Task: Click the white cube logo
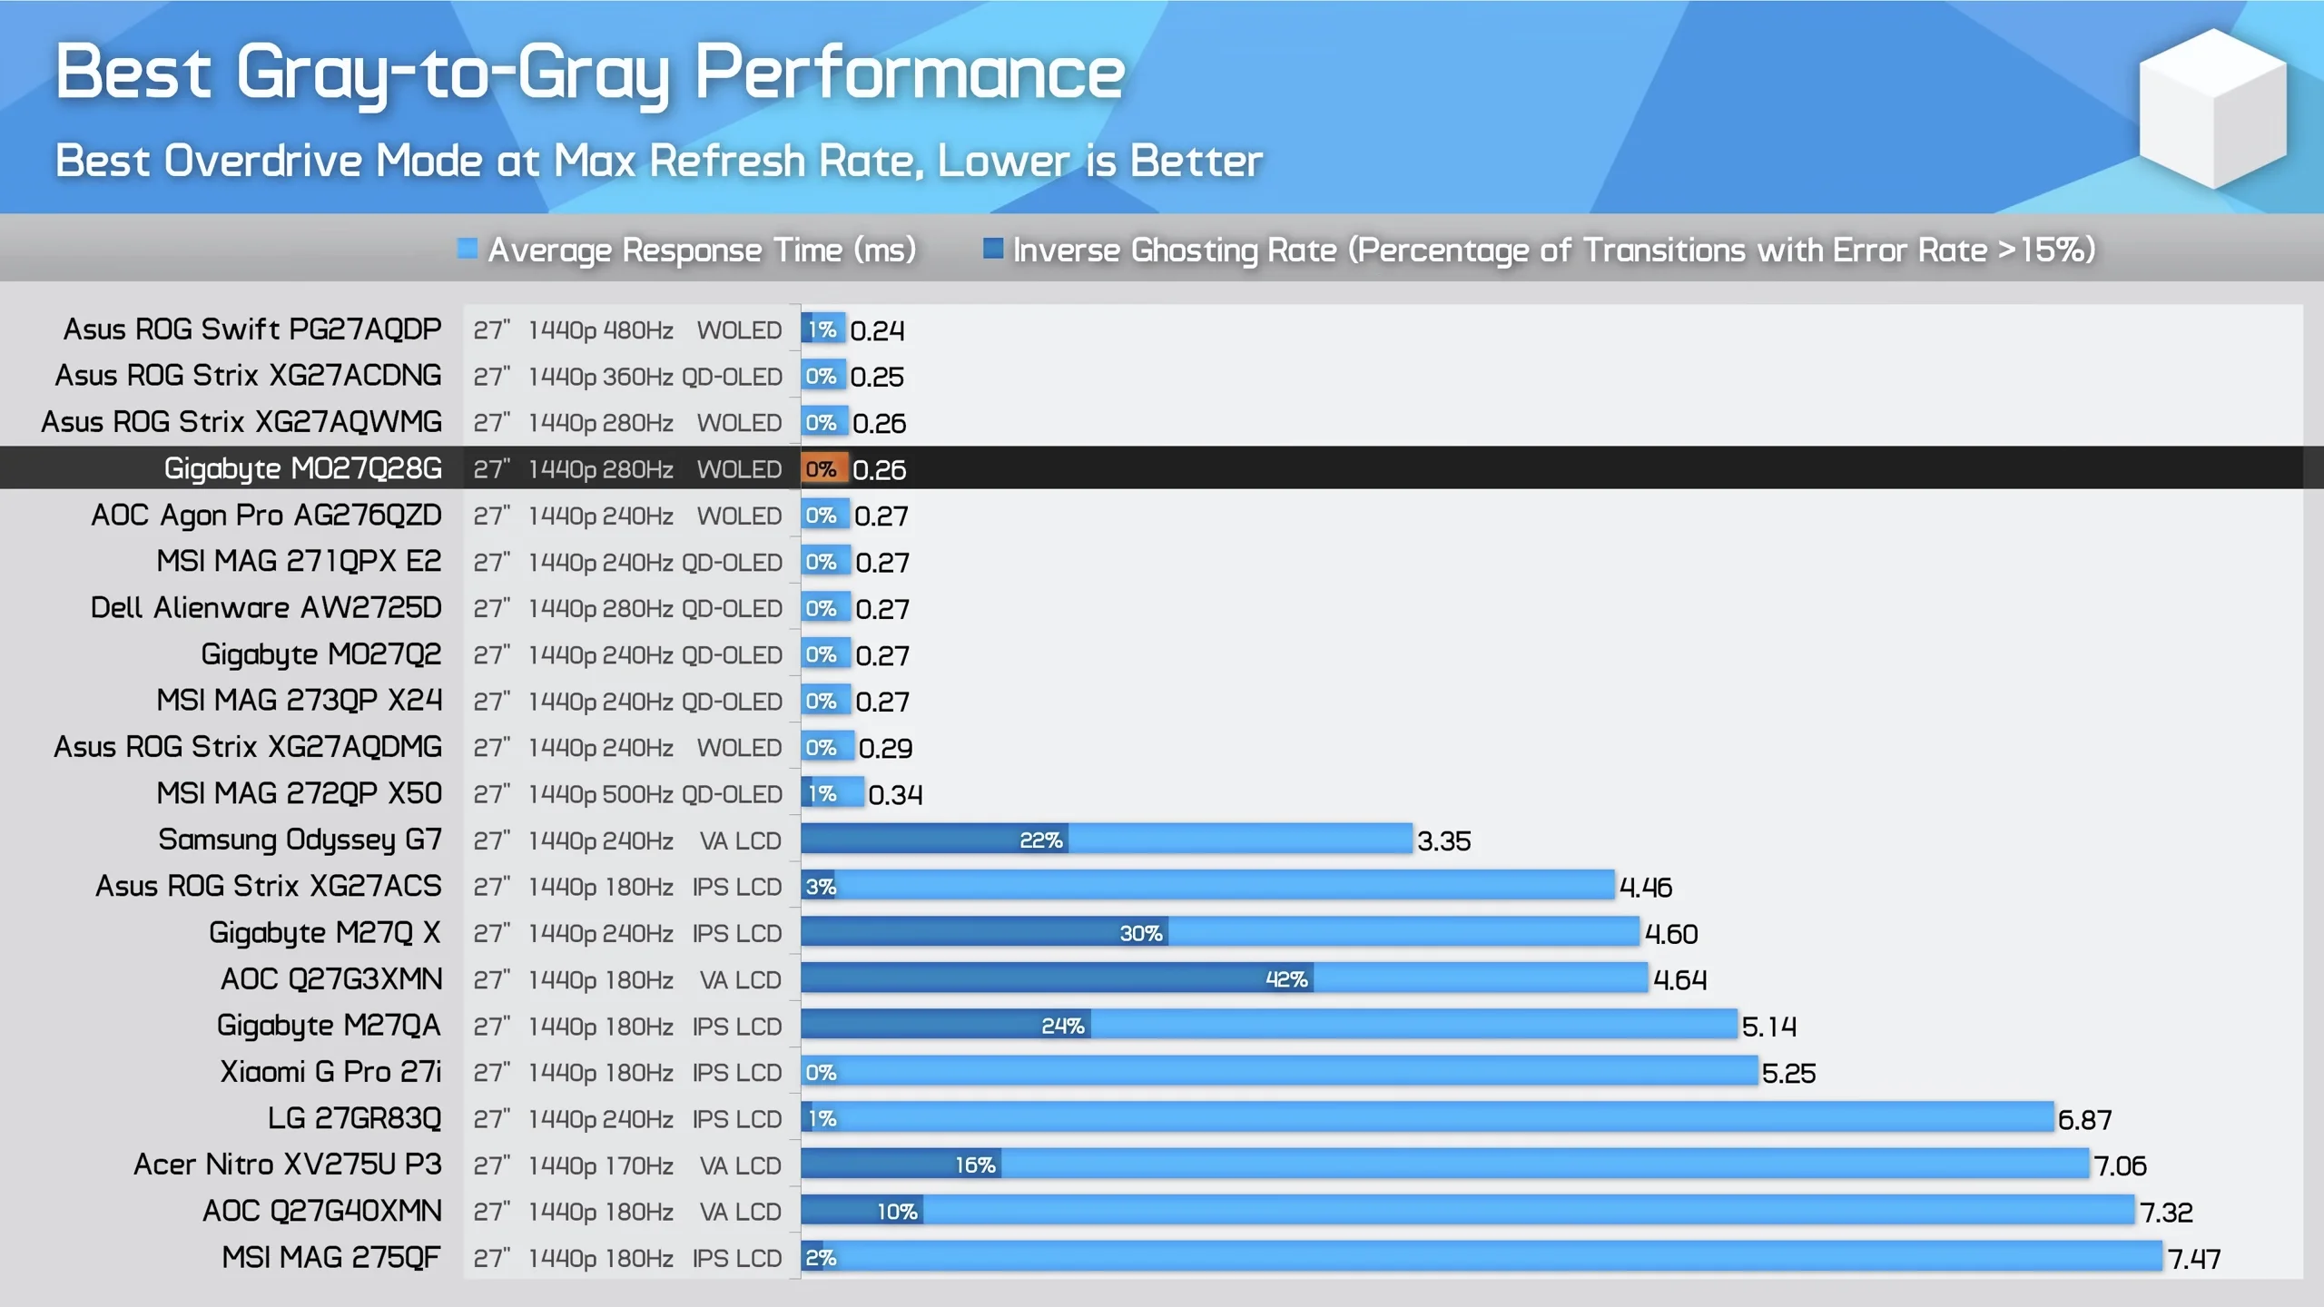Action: coord(2212,109)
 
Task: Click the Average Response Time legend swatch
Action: coord(468,249)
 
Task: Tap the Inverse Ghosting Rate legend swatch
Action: coord(993,249)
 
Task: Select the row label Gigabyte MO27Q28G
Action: coord(302,468)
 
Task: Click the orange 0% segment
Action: coord(822,469)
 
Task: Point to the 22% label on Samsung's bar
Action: coord(1040,840)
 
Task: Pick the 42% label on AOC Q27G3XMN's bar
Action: coord(1286,979)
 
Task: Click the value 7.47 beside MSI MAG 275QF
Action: coord(2193,1258)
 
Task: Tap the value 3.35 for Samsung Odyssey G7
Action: coord(1443,841)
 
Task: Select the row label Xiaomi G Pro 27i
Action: coord(330,1072)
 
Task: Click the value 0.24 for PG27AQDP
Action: coord(877,330)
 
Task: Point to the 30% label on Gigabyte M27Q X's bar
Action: coord(1140,933)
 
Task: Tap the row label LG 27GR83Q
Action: coord(354,1118)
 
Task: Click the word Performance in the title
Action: coord(910,73)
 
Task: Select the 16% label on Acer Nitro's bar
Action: coord(975,1165)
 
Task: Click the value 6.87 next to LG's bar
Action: coord(2084,1119)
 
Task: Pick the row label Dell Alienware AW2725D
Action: coord(266,608)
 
